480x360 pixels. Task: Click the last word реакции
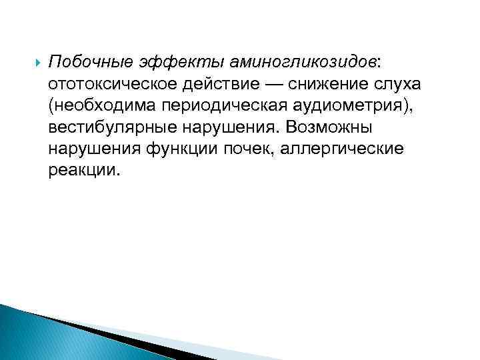(x=84, y=170)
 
